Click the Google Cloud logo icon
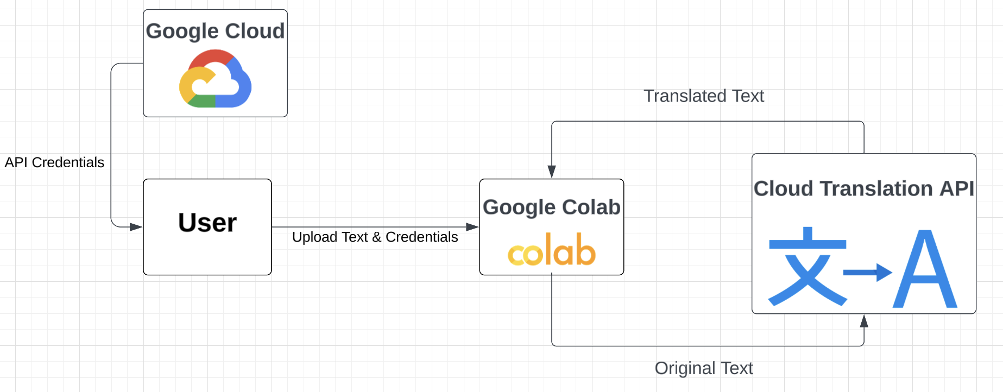pyautogui.click(x=215, y=79)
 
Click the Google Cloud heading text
pyautogui.click(x=215, y=31)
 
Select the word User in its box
pyautogui.click(x=207, y=223)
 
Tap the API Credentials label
pyautogui.click(x=54, y=162)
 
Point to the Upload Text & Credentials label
pyautogui.click(x=375, y=237)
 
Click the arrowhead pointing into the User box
pyautogui.click(x=136, y=227)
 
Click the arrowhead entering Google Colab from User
pyautogui.click(x=472, y=227)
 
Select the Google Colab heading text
pyautogui.click(x=551, y=207)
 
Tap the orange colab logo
pyautogui.click(x=552, y=250)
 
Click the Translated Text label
pyautogui.click(x=703, y=96)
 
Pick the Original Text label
pyautogui.click(x=703, y=368)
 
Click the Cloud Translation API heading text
pyautogui.click(x=863, y=188)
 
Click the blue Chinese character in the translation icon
pyautogui.click(x=808, y=267)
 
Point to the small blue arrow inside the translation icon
pyautogui.click(x=868, y=272)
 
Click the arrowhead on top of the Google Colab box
pyautogui.click(x=552, y=172)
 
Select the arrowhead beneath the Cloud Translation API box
pyautogui.click(x=864, y=321)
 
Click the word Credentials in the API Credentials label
pyautogui.click(x=68, y=162)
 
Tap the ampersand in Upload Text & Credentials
pyautogui.click(x=376, y=237)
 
